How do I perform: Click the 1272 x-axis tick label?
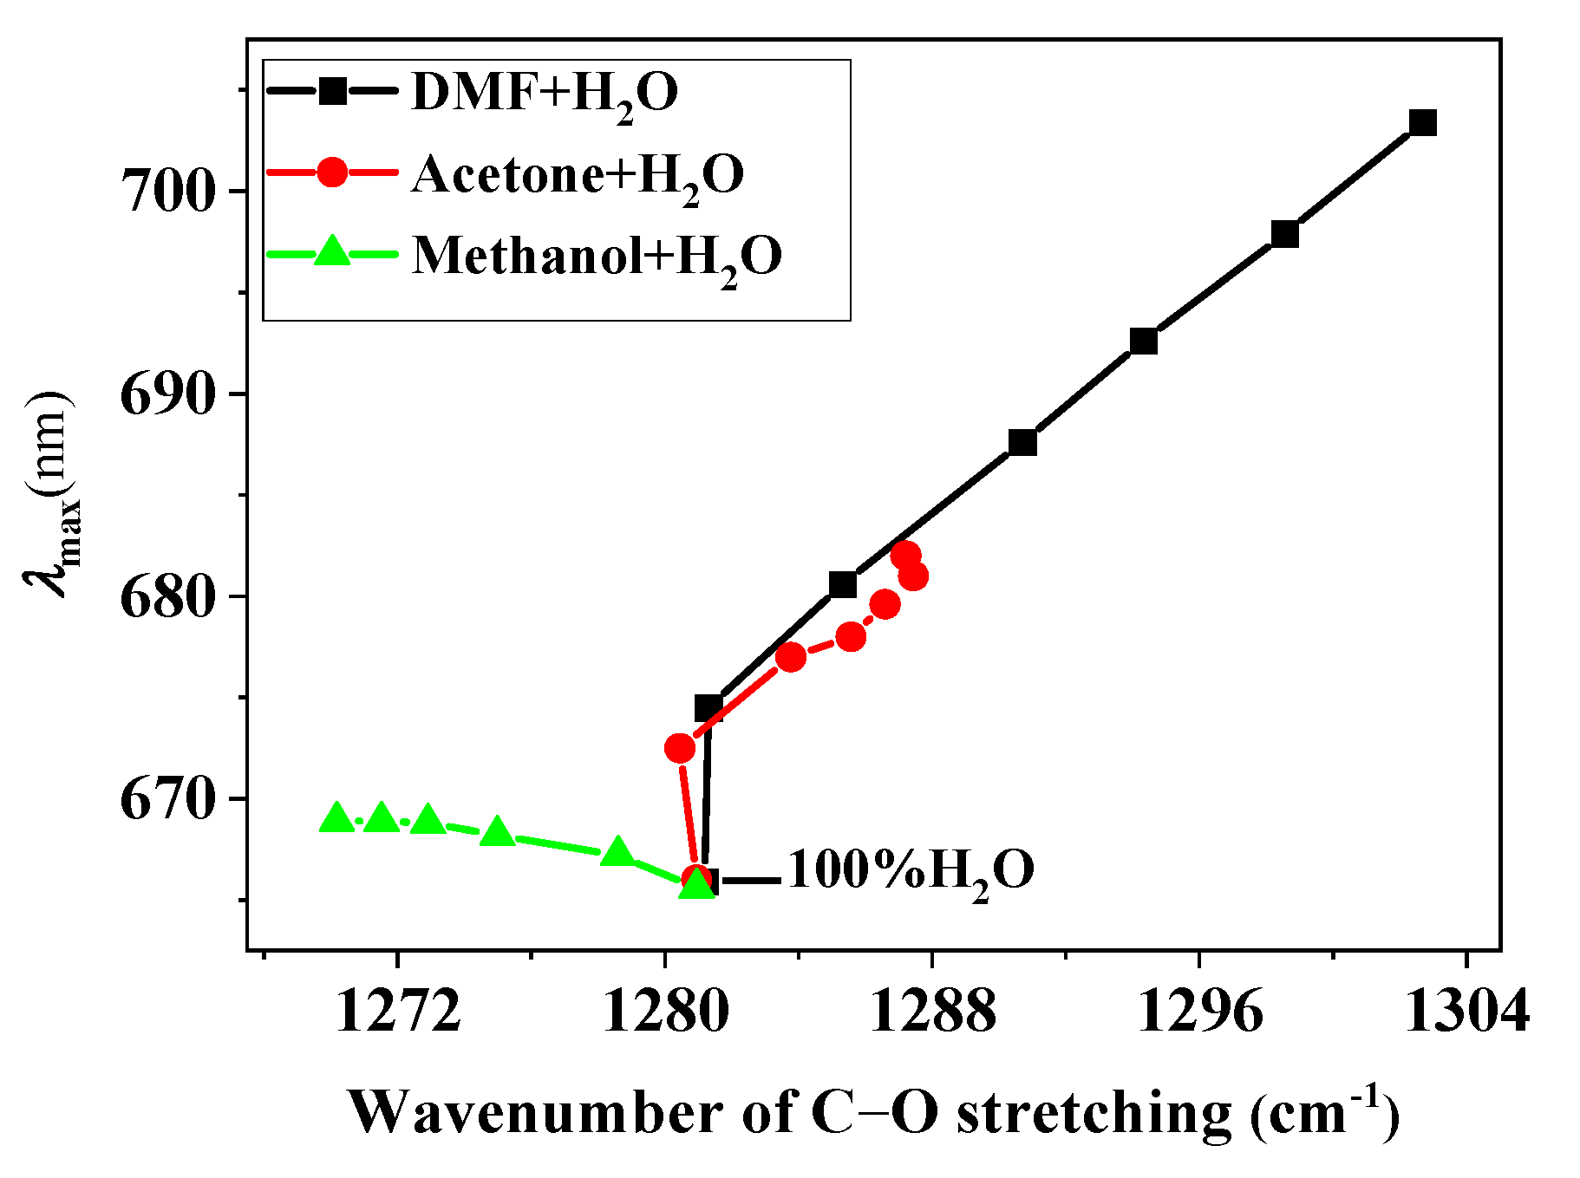pos(398,1011)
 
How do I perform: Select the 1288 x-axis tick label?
pos(932,1011)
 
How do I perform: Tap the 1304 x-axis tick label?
pos(1466,1011)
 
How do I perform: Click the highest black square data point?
pos(1423,123)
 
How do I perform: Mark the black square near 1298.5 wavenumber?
pos(1285,234)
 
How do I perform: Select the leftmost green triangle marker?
pos(337,817)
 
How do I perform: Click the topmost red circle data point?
pos(905,556)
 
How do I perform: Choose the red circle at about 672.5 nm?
pos(680,748)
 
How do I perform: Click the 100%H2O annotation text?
pos(911,870)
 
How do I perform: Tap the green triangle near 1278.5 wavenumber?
pos(617,852)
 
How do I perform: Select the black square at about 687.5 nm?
pos(1022,443)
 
